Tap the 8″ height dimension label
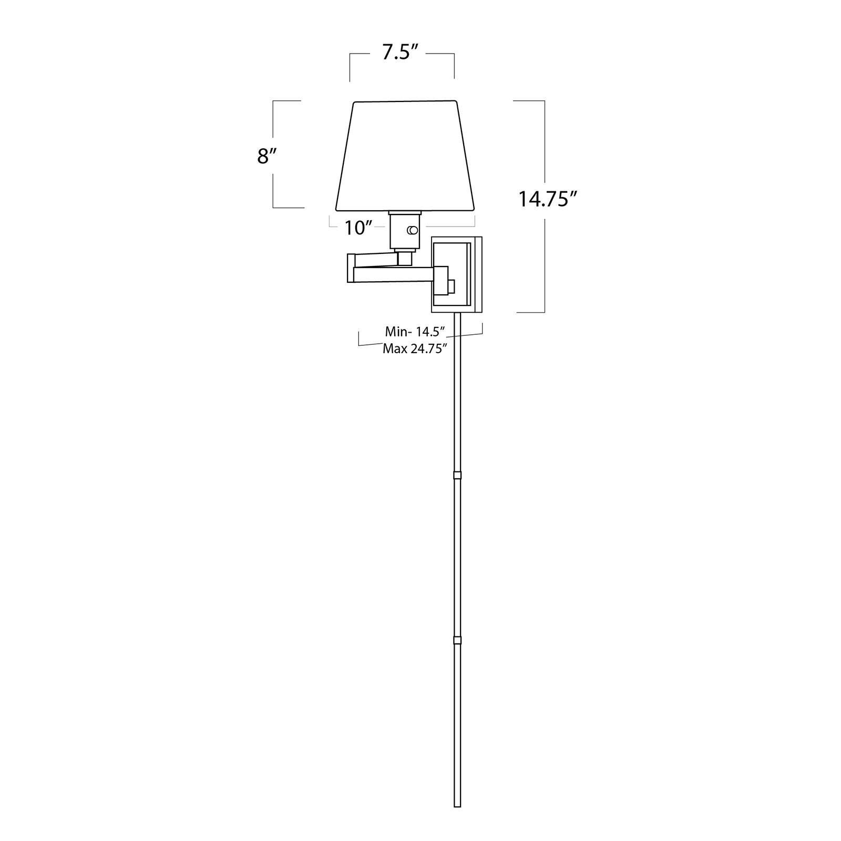tap(266, 156)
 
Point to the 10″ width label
tap(359, 228)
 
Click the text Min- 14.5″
tap(415, 332)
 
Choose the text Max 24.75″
tap(415, 348)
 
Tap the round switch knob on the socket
tap(413, 230)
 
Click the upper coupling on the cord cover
tap(457, 476)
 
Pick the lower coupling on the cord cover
tap(457, 641)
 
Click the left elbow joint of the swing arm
tap(351, 268)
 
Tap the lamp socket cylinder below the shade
tap(404, 231)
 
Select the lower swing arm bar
tap(394, 274)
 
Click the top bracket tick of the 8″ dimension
tap(286, 101)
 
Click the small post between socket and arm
tap(404, 257)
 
